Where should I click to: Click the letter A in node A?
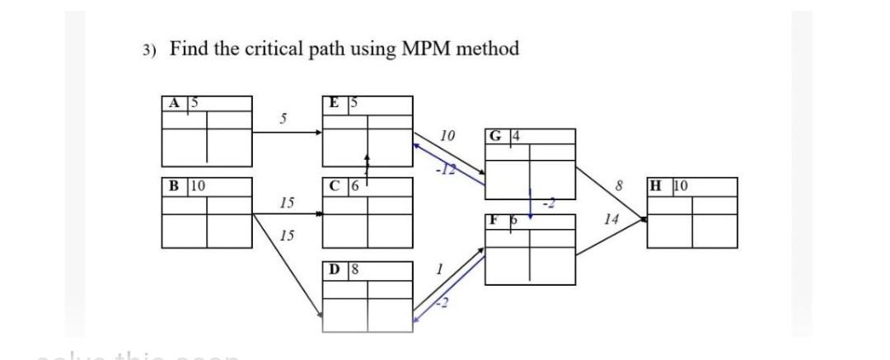click(173, 103)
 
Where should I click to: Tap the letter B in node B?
click(173, 185)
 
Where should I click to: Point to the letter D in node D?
click(335, 269)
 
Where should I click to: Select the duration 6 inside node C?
click(353, 185)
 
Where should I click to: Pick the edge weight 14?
click(611, 219)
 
